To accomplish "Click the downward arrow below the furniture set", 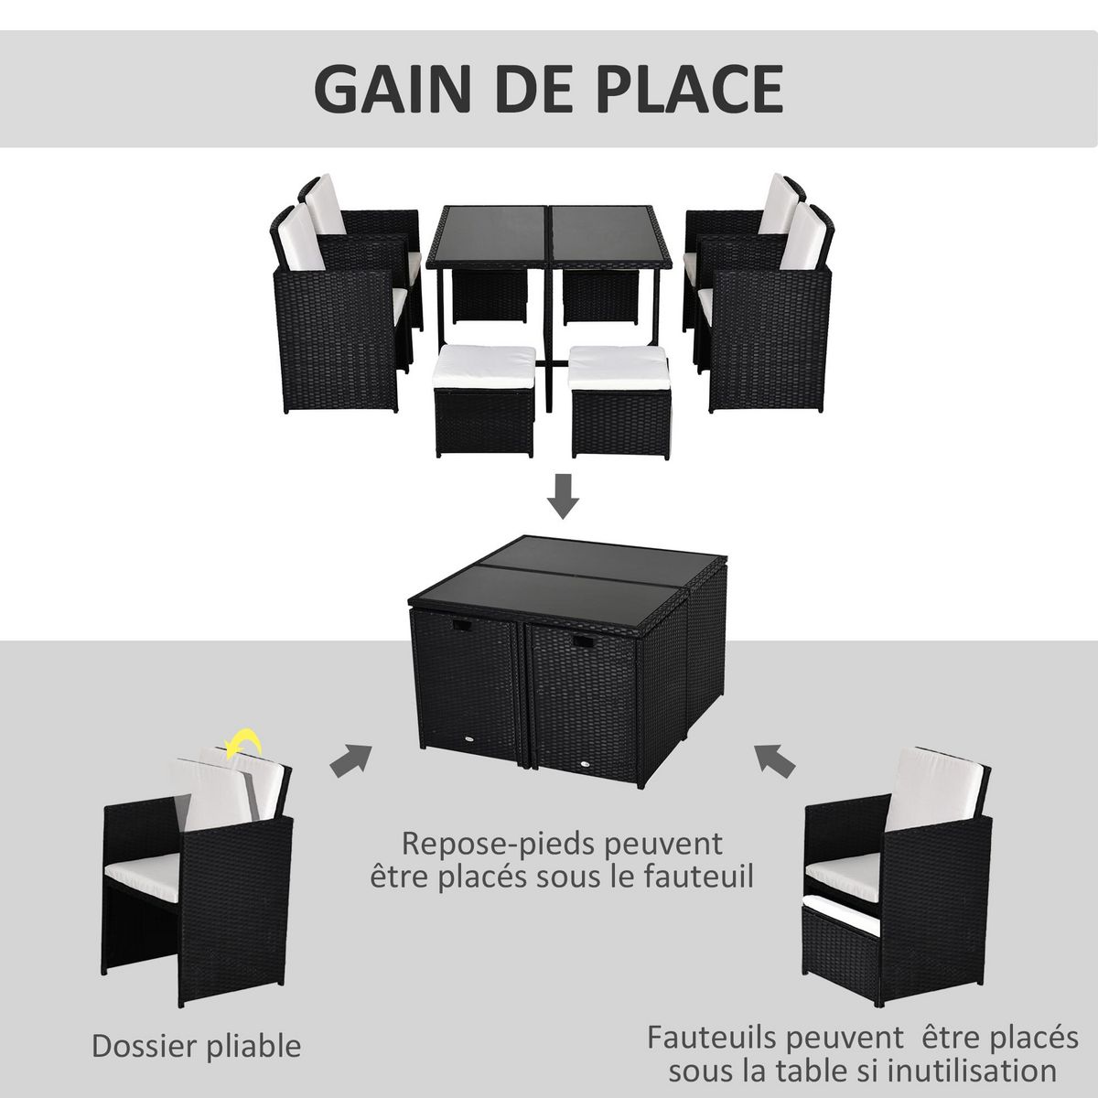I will coord(567,497).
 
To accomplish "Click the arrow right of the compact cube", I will coord(774,759).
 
